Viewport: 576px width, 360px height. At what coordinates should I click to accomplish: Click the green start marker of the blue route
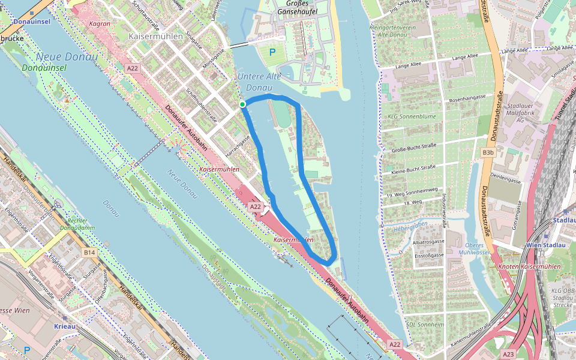pyautogui.click(x=242, y=104)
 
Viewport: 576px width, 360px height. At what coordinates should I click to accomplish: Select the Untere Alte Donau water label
pyautogui.click(x=259, y=82)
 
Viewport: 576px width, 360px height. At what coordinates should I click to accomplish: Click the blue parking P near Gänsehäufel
pyautogui.click(x=272, y=53)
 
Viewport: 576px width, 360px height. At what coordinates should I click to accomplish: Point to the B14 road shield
pyautogui.click(x=89, y=253)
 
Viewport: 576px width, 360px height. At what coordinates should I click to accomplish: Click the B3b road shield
pyautogui.click(x=488, y=153)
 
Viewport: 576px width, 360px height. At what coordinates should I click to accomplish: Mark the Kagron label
pyautogui.click(x=99, y=24)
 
